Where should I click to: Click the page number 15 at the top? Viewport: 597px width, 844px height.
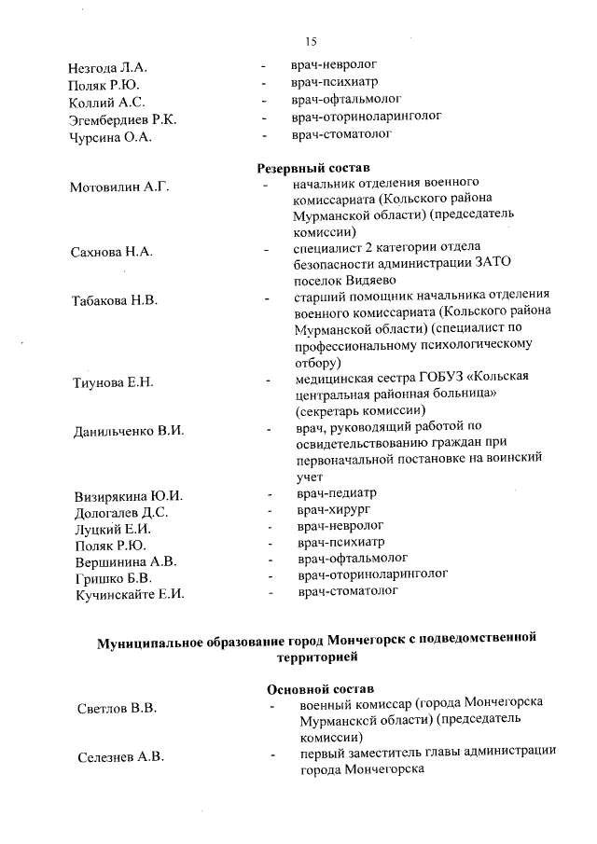[x=311, y=41]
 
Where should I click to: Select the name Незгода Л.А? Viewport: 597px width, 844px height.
[x=108, y=69]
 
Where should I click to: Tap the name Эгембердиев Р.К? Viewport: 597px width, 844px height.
[x=122, y=120]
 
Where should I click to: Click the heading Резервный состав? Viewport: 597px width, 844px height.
[x=312, y=169]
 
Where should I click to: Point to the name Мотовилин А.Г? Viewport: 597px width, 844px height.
[x=118, y=187]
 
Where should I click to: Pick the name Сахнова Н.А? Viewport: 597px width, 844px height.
[x=111, y=253]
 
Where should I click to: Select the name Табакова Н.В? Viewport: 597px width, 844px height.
[x=115, y=300]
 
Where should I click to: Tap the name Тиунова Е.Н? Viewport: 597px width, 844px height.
[x=112, y=382]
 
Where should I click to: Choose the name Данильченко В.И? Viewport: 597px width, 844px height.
[x=129, y=431]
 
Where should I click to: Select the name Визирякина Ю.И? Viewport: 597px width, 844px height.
[x=129, y=495]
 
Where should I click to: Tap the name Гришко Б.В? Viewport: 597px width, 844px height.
[x=108, y=577]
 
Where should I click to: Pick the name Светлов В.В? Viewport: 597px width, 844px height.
[x=117, y=709]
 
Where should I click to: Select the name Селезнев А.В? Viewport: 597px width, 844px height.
[x=120, y=757]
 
